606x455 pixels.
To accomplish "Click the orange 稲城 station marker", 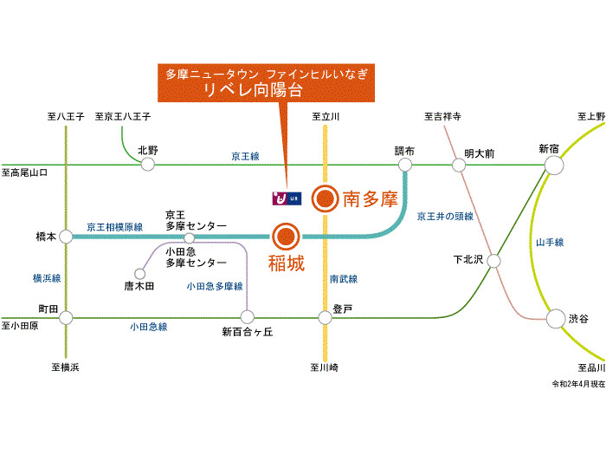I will (x=286, y=236).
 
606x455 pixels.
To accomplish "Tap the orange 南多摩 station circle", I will (x=325, y=199).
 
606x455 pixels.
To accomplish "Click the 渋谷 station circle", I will (x=555, y=319).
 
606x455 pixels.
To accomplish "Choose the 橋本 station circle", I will (x=66, y=236).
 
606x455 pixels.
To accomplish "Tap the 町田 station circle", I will (x=66, y=318).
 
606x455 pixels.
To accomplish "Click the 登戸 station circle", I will (x=325, y=318).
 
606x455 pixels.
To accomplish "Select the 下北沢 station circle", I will (x=493, y=259).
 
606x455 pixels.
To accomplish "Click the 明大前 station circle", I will (x=456, y=165).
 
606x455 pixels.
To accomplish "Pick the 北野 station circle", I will (x=148, y=164).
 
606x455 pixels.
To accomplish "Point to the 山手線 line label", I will (x=550, y=243).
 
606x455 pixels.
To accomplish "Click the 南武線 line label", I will (x=344, y=279).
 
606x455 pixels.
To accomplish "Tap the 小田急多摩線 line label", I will (x=215, y=285).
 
